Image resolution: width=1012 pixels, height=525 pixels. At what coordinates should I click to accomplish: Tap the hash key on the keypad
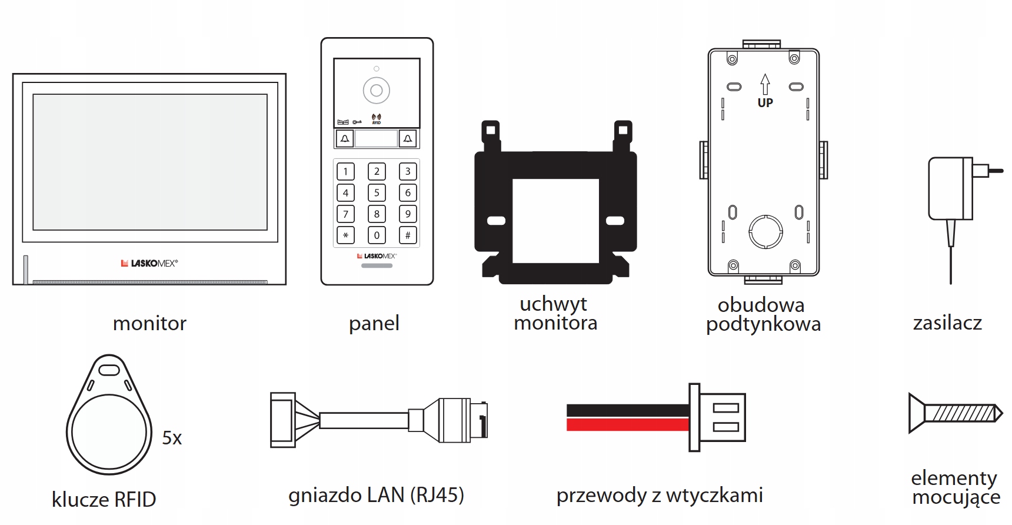click(408, 235)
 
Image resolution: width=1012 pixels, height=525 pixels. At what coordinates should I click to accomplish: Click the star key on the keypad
click(345, 235)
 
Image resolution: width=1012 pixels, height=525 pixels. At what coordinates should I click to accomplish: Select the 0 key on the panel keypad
click(377, 235)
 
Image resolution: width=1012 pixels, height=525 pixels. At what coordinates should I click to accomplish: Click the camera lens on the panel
click(377, 91)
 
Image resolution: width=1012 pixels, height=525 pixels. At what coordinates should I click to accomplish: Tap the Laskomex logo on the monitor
click(149, 263)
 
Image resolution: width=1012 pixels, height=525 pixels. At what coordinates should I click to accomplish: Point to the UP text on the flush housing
click(765, 103)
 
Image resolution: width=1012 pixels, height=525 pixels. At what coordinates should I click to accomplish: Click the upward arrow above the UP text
click(765, 84)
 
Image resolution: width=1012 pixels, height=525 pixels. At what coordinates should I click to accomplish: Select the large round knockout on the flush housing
click(765, 231)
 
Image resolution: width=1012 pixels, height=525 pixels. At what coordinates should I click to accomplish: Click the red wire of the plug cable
click(627, 424)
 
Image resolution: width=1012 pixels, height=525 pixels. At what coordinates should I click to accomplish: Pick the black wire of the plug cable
click(627, 410)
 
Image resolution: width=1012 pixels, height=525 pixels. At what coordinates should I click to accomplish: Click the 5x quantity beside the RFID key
click(172, 438)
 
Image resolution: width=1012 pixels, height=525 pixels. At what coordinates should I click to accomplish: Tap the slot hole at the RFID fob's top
click(109, 370)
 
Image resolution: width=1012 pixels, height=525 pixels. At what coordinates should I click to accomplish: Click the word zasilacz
click(947, 323)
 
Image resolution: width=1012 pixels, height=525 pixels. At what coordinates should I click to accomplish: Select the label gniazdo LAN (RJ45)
click(376, 495)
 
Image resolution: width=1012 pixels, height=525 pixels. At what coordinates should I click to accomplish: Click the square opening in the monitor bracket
click(555, 220)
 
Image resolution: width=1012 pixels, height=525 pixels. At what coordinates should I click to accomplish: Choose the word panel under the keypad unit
click(374, 323)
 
